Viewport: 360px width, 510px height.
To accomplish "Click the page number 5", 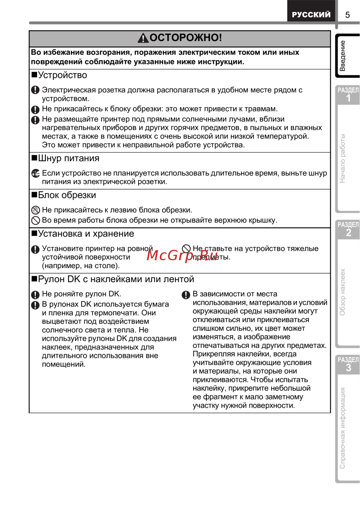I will pos(347,15).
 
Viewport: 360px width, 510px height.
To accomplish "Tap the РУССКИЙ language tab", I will pos(311,14).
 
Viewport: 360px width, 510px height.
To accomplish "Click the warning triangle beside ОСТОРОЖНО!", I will pos(143,38).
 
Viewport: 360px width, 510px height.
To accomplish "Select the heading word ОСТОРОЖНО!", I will pos(185,37).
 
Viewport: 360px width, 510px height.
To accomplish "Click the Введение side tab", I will pos(343,56).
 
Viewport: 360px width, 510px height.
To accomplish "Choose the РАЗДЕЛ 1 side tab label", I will pos(348,95).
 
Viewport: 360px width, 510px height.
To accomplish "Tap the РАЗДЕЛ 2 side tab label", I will pos(348,229).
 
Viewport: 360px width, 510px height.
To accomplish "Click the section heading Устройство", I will pos(62,75).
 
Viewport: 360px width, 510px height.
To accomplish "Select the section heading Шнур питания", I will pos(68,158).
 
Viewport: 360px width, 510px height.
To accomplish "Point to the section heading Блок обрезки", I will pos(67,195).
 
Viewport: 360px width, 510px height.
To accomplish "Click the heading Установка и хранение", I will pos(86,234).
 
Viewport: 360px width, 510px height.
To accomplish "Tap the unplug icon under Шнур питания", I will pos(35,173).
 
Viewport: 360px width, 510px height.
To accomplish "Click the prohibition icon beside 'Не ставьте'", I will pos(186,249).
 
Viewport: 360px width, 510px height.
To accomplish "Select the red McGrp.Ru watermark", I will pos(183,255).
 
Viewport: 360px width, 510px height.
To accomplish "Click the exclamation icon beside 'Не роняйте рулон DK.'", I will pos(35,295).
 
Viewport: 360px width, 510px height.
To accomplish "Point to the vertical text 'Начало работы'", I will pos(342,158).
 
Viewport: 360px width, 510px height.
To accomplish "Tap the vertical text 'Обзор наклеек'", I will pos(342,292).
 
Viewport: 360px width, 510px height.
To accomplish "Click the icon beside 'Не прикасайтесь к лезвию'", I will pos(35,210).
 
